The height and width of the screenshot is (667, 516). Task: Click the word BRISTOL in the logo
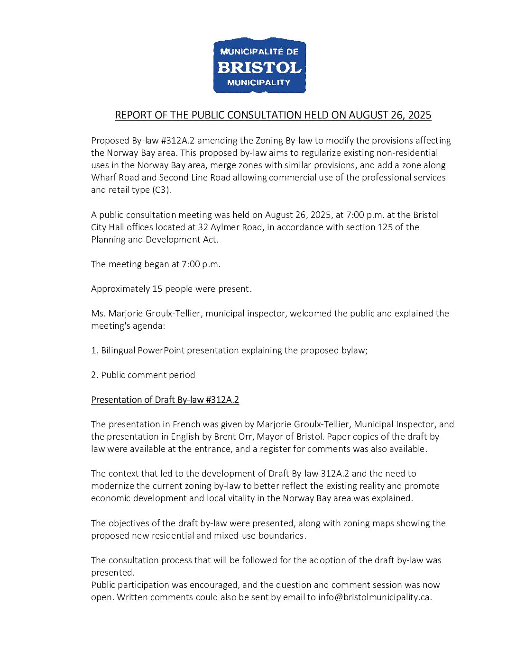point(259,67)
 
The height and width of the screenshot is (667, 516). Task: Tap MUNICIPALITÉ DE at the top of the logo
point(259,51)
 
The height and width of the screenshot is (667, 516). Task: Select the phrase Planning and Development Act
point(155,240)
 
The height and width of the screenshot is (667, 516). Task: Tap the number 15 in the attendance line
point(157,289)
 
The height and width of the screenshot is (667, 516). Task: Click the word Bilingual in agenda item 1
point(118,351)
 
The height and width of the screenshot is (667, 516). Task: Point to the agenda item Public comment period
point(148,375)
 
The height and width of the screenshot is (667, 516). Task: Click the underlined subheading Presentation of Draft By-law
point(165,400)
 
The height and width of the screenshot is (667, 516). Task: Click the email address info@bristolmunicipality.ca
point(374,597)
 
